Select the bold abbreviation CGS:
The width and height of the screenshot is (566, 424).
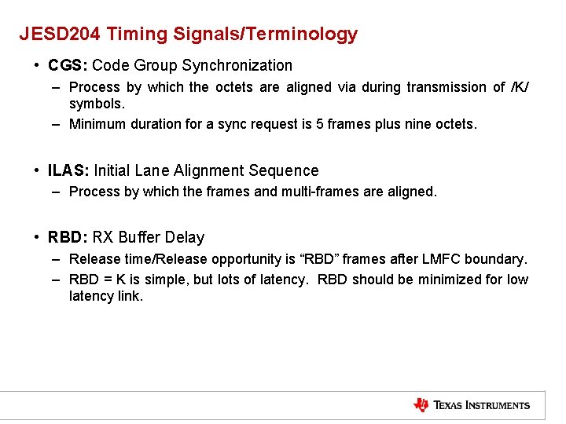click(68, 65)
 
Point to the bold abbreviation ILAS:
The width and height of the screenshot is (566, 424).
click(69, 170)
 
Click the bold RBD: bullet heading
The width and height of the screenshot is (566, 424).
click(68, 237)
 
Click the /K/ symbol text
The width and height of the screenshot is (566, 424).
click(520, 87)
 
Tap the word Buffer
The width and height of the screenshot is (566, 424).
click(142, 237)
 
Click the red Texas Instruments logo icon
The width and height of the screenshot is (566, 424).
click(421, 405)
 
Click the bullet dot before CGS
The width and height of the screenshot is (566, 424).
click(38, 65)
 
